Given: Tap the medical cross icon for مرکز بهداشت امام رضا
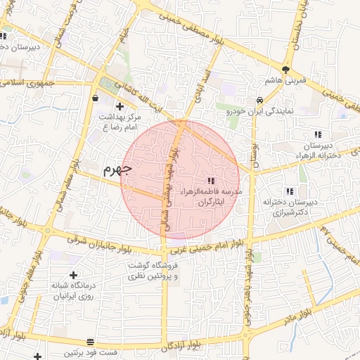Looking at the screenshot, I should tap(120, 107).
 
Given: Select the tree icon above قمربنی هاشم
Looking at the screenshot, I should tap(285, 70).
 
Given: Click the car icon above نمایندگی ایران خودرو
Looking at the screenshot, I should tap(259, 100).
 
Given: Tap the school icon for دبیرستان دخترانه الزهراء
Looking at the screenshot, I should tap(318, 134).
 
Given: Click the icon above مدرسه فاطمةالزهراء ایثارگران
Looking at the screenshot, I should tap(212, 181).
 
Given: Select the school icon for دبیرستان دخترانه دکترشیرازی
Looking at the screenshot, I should tap(289, 191).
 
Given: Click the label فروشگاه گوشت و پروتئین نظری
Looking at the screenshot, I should tap(155, 271).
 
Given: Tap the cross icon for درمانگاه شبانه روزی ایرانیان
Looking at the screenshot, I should tap(74, 275).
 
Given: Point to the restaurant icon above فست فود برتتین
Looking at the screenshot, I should tap(89, 342).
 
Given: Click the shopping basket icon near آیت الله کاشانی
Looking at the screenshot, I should tap(95, 98).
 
